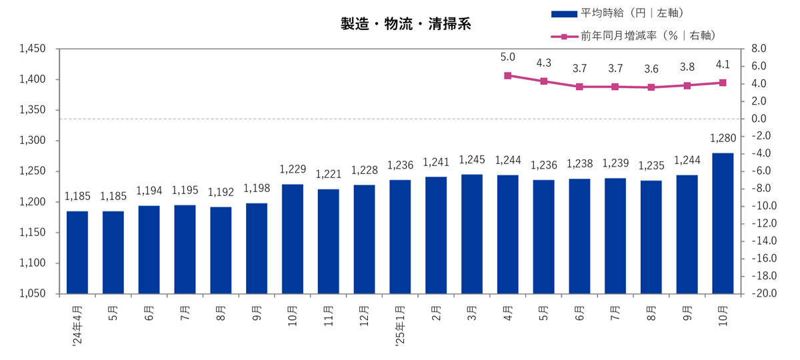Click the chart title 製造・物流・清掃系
pyautogui.click(x=406, y=25)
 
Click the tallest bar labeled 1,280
pyautogui.click(x=723, y=223)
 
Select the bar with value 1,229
pyautogui.click(x=293, y=239)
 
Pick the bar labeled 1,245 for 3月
pyautogui.click(x=472, y=234)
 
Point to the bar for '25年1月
pyautogui.click(x=400, y=237)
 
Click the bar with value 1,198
pyautogui.click(x=257, y=248)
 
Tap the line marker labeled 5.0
pyautogui.click(x=508, y=76)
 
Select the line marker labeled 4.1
pyautogui.click(x=723, y=83)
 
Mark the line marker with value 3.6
pyautogui.click(x=651, y=87)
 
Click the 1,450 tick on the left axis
pyautogui.click(x=32, y=49)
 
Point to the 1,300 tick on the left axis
pyautogui.click(x=32, y=141)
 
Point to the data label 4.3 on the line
pyautogui.click(x=544, y=63)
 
